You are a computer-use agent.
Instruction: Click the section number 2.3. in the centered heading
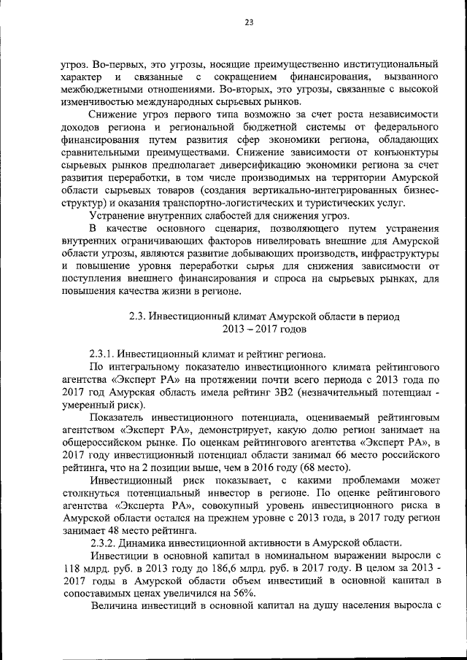click(139, 317)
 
